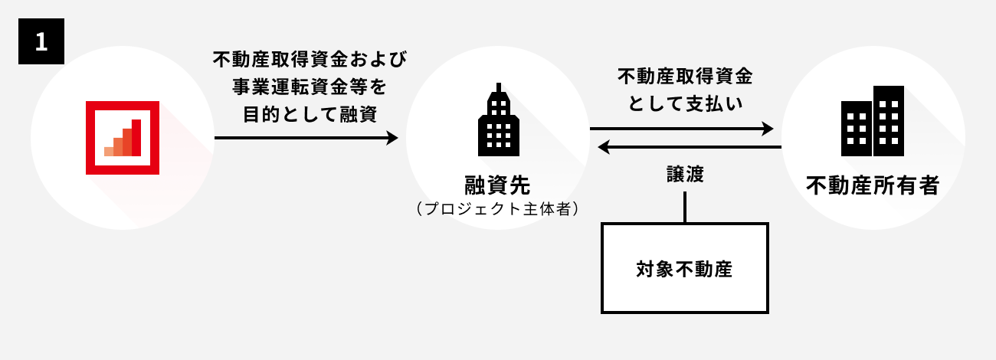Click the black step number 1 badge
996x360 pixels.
(41, 42)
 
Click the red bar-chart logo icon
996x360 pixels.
(122, 138)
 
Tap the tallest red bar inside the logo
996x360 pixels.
(136, 138)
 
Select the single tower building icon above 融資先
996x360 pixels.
(498, 123)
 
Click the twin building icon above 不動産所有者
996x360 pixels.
(873, 121)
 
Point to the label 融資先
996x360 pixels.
(497, 185)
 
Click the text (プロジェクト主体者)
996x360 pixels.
(497, 208)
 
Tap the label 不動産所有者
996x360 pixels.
(873, 185)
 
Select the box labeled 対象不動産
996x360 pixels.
(684, 268)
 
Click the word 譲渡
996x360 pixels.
(684, 174)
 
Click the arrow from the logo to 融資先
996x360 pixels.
(306, 138)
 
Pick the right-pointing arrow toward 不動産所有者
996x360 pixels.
(682, 129)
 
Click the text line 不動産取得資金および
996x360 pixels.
(310, 59)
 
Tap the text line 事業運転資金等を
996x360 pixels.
(310, 85)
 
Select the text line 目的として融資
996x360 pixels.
(310, 112)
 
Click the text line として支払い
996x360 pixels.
(685, 103)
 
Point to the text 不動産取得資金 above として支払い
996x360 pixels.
(685, 77)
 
